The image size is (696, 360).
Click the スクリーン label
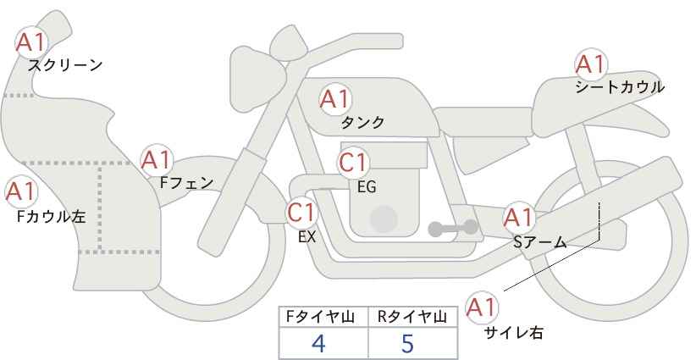[x=65, y=65]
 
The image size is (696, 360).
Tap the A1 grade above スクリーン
[x=31, y=43]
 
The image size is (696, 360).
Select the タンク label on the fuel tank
[x=362, y=122]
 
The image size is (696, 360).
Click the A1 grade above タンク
[x=335, y=99]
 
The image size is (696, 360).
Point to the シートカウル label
[x=620, y=87]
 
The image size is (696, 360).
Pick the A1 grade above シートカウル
[x=590, y=64]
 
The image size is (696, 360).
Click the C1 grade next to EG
[x=353, y=163]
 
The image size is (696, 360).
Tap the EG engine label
[x=367, y=187]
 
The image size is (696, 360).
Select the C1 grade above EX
[x=301, y=212]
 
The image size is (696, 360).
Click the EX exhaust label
[x=307, y=237]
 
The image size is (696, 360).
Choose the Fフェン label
[x=186, y=183]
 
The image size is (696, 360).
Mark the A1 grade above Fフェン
[x=156, y=160]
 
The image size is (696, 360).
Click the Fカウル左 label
[x=51, y=216]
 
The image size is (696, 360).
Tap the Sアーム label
[x=540, y=242]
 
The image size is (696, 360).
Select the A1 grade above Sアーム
[x=518, y=218]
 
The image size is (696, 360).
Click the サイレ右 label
[x=514, y=333]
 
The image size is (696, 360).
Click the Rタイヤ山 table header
[x=412, y=317]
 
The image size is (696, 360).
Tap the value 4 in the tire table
[x=318, y=343]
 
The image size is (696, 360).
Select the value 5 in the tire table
[x=407, y=343]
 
